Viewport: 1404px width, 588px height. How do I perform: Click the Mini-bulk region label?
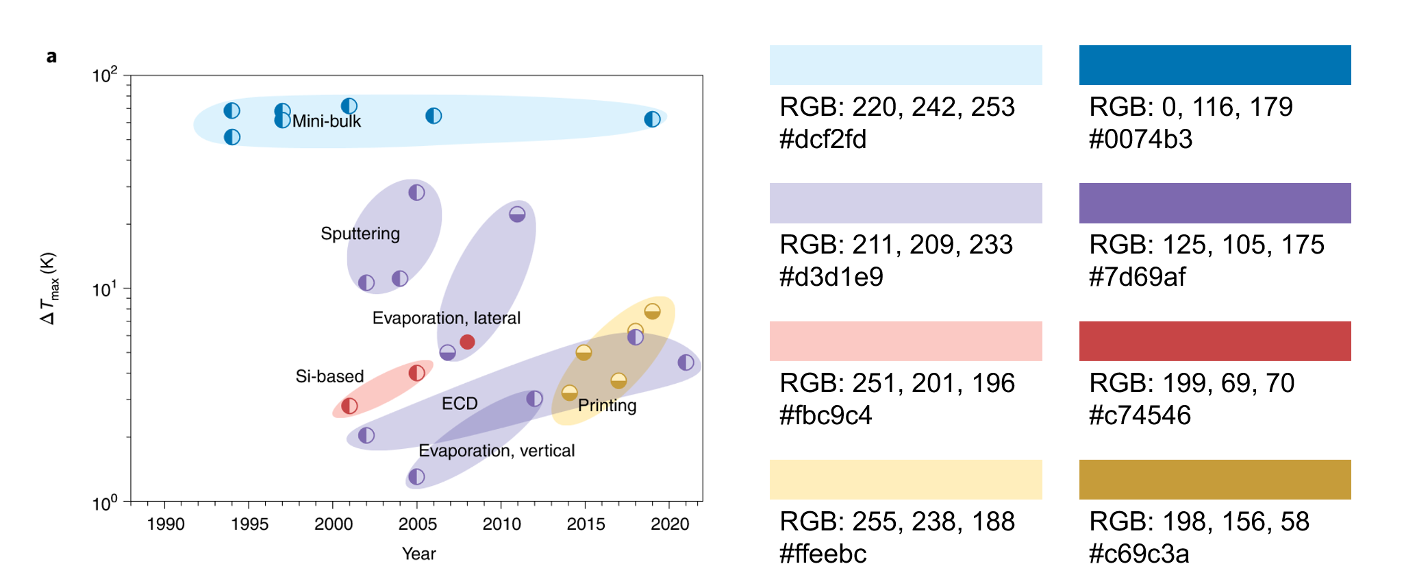coord(326,121)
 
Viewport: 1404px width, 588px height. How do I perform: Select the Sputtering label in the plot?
coord(360,234)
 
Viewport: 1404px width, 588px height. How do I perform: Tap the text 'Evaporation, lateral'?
coord(446,318)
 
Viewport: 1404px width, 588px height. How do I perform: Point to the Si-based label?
coord(329,376)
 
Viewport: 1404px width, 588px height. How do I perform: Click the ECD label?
coord(460,404)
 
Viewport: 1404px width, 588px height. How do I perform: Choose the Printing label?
coord(607,406)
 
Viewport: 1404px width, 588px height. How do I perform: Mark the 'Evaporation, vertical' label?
coord(497,451)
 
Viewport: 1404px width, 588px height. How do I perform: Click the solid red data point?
coord(467,342)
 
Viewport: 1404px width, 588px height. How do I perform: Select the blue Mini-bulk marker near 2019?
coord(652,119)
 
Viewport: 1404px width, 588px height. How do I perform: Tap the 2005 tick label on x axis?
coord(417,524)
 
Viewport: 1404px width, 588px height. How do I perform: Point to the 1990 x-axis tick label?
coord(165,524)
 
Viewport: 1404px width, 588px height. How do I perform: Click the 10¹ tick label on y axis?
coord(105,290)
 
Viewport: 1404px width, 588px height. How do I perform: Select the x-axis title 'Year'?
coord(418,554)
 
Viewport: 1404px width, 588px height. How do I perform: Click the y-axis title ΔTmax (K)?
coord(49,289)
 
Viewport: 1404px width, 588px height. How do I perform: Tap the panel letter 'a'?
coord(51,56)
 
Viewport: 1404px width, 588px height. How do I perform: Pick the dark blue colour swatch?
coord(1214,65)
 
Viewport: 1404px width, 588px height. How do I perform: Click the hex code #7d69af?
coord(1137,277)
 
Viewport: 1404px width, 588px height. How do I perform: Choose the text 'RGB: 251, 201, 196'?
coord(897,383)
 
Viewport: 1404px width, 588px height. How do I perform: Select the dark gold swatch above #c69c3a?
coord(1214,480)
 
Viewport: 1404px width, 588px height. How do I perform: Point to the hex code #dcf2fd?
coord(823,139)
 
